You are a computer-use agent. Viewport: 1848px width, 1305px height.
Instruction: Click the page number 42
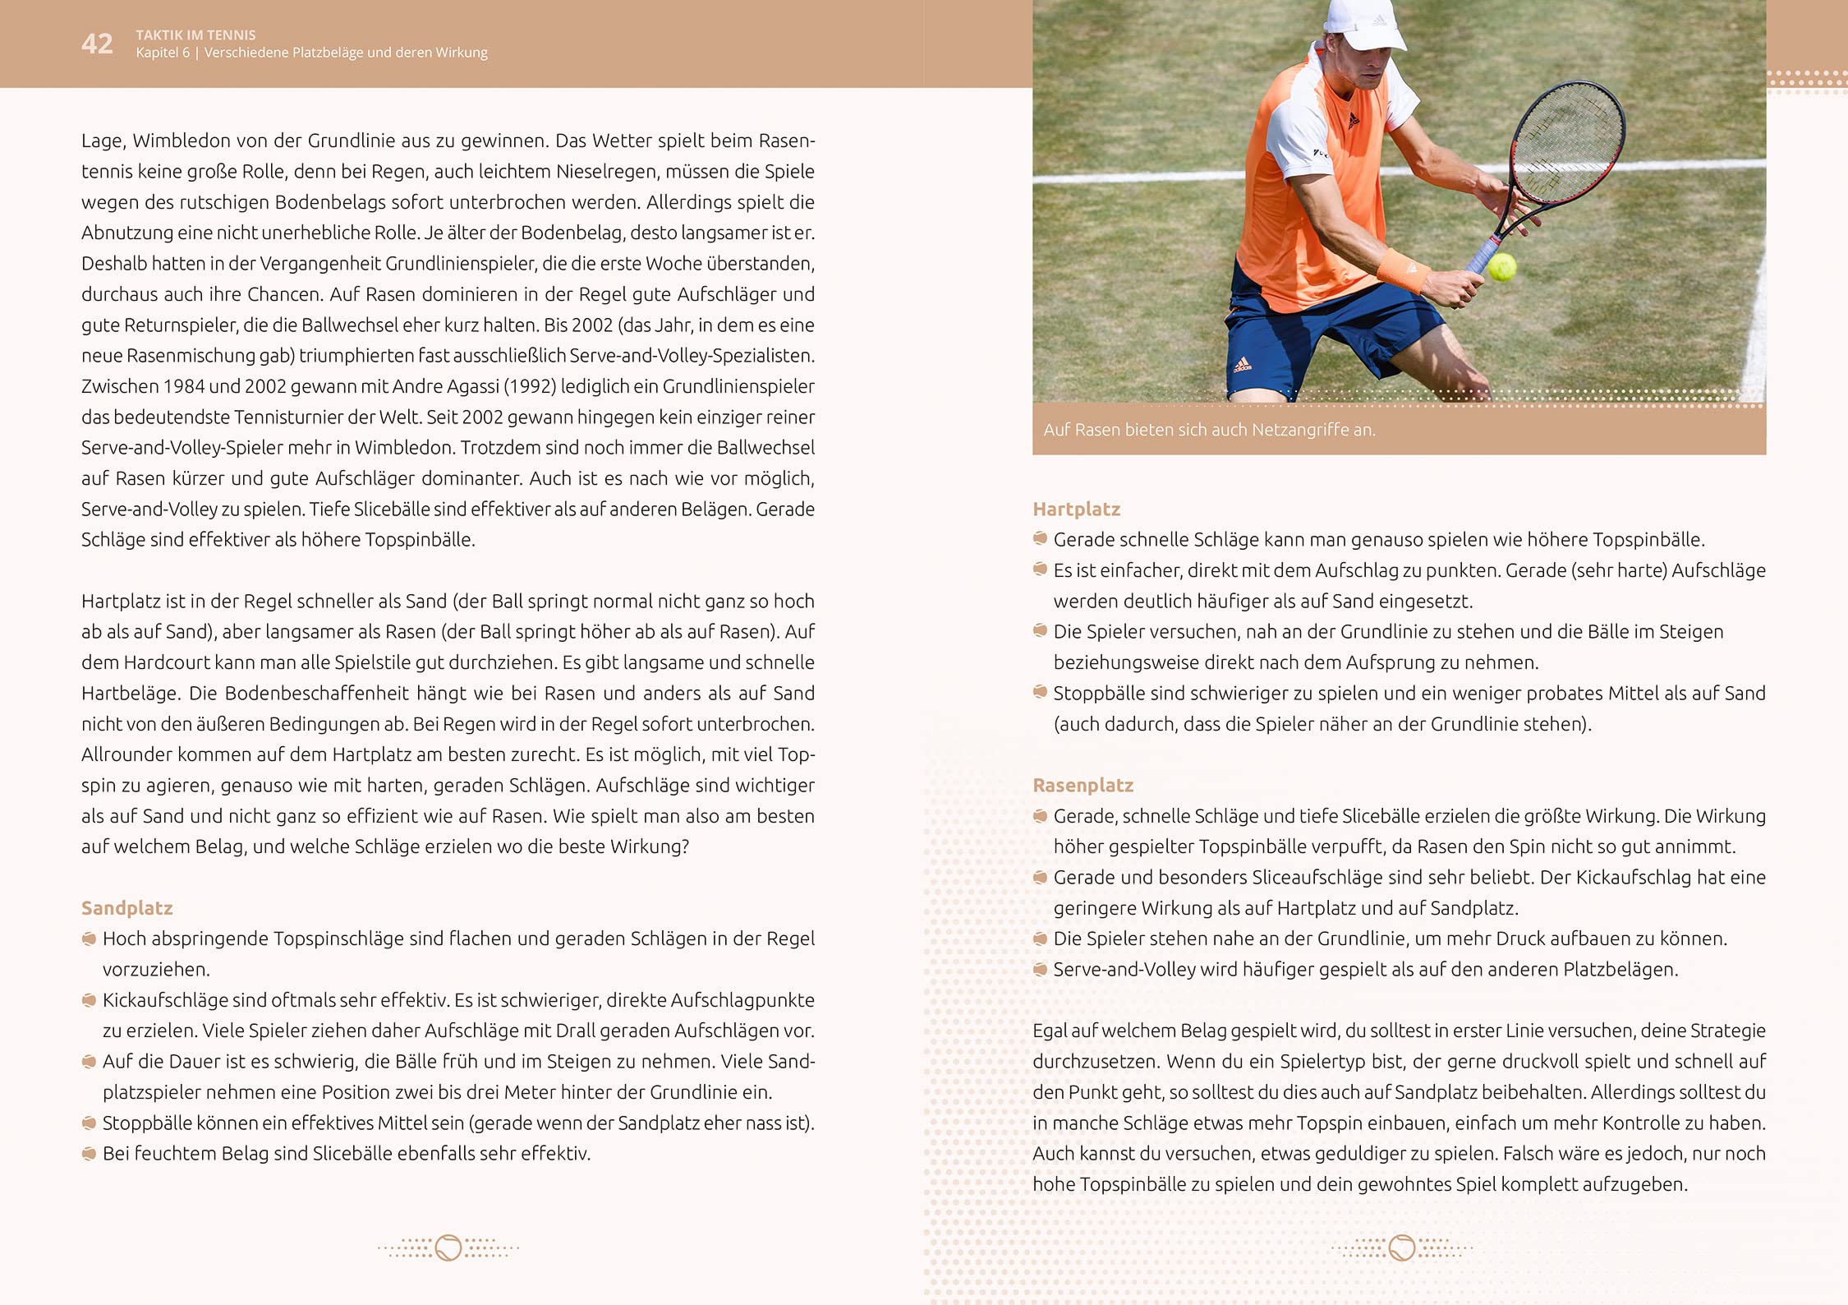[x=97, y=44]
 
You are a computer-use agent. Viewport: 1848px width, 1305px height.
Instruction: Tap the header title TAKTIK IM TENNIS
[x=195, y=35]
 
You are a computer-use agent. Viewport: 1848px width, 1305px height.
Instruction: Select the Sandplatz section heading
[x=126, y=908]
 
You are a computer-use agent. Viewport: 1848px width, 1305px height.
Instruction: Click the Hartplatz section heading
[x=1076, y=510]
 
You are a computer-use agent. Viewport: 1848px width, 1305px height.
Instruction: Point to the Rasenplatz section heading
[x=1083, y=786]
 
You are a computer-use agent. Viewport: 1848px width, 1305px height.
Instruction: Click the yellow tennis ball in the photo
[x=1501, y=266]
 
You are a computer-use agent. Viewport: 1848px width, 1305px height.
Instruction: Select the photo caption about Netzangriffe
[x=1209, y=430]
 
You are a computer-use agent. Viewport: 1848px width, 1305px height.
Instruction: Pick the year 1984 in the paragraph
[x=183, y=386]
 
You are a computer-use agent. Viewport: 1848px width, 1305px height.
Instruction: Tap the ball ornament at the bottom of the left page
[x=448, y=1247]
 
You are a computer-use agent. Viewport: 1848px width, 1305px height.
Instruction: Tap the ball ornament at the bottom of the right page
[x=1402, y=1247]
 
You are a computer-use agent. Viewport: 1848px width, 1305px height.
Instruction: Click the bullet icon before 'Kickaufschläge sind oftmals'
[x=89, y=1000]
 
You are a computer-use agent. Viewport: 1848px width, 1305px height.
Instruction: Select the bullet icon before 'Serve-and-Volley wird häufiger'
[x=1040, y=970]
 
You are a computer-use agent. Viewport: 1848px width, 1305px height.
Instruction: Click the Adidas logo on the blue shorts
[x=1241, y=364]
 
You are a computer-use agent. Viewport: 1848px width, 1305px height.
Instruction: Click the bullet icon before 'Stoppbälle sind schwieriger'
[x=1040, y=693]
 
